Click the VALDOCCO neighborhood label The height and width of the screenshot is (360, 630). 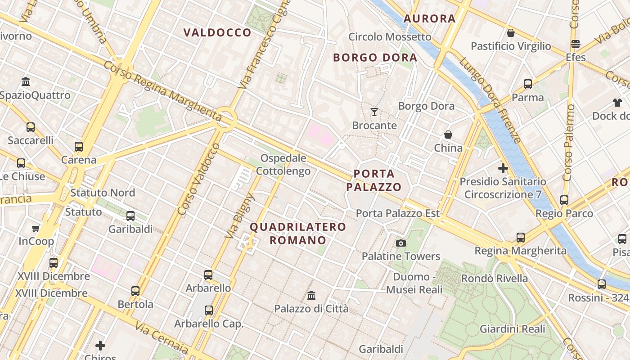pos(217,32)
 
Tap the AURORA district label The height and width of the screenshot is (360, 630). pos(429,18)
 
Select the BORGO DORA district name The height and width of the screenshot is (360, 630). pos(375,58)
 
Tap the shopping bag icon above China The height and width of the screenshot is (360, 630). pos(448,135)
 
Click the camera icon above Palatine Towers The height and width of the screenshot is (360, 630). pos(400,243)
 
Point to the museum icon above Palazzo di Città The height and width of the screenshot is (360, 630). pos(311,296)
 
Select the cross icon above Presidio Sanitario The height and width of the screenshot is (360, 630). pos(503,169)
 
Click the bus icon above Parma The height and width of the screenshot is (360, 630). pos(528,84)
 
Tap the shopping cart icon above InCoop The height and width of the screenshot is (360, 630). pos(36,228)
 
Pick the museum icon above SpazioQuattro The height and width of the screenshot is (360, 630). pos(26,82)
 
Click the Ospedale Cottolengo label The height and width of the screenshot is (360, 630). pos(283,165)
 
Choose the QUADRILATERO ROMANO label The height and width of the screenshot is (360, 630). pos(298,233)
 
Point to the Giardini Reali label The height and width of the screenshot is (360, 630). pos(513,329)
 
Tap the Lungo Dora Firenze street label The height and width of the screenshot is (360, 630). pos(490,102)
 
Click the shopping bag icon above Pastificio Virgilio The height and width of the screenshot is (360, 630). pos(511,33)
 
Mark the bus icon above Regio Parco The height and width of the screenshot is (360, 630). pos(564,200)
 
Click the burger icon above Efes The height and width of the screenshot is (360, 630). pos(576,44)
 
